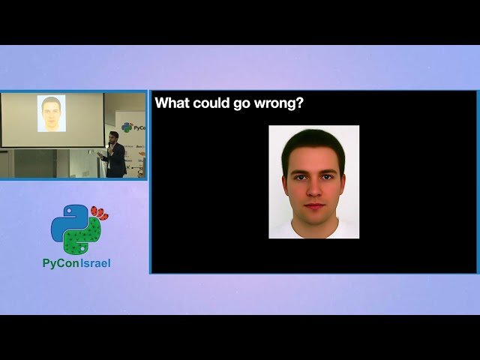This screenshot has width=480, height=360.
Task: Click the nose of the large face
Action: (x=314, y=190)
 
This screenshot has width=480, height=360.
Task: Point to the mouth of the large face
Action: (x=314, y=206)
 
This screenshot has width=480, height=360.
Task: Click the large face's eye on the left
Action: (x=300, y=177)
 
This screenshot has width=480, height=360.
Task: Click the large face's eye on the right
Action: (x=328, y=177)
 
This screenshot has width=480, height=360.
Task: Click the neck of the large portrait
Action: (x=314, y=226)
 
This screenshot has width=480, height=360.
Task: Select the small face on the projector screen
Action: (x=51, y=112)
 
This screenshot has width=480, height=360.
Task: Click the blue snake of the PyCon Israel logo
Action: (x=68, y=222)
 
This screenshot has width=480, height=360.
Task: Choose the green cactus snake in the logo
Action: (x=84, y=238)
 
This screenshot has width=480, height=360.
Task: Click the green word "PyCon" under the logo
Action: (x=60, y=263)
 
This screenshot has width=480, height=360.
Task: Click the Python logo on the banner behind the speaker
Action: (x=127, y=127)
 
